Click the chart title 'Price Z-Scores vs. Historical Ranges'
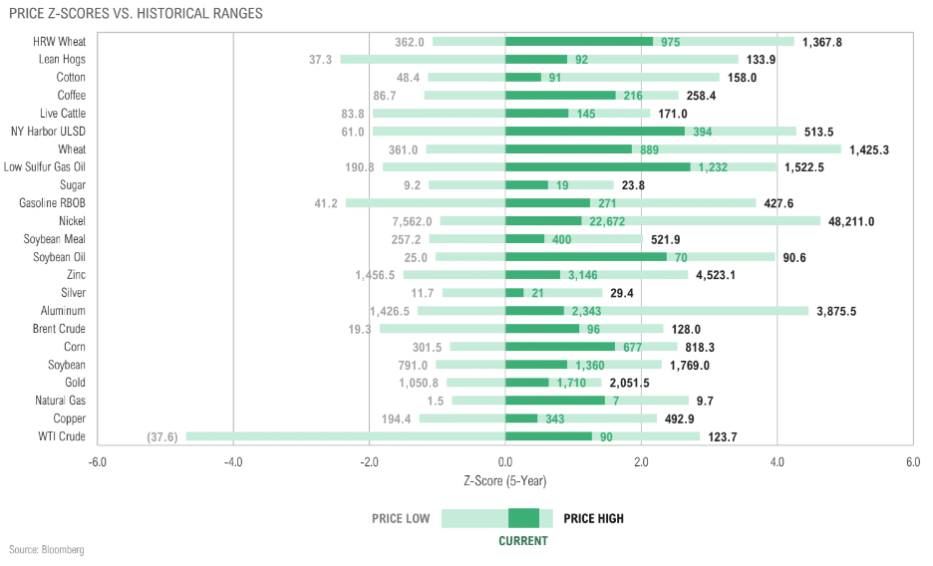click(136, 13)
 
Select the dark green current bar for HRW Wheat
click(579, 42)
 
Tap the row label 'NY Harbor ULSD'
click(48, 132)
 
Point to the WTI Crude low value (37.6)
click(162, 437)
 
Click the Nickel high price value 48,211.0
click(851, 222)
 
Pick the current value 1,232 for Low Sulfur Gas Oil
click(713, 167)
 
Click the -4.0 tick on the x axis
click(233, 462)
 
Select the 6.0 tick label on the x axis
click(913, 462)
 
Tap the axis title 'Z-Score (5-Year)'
click(505, 480)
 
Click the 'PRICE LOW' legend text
click(401, 518)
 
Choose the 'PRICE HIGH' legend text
click(594, 518)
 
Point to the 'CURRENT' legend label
click(523, 541)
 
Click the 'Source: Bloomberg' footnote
click(47, 550)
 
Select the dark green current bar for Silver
click(514, 293)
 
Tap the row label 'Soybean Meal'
click(54, 239)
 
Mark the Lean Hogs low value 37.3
click(320, 60)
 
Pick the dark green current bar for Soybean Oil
click(586, 257)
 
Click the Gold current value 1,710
click(571, 384)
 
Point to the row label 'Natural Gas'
click(60, 401)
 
